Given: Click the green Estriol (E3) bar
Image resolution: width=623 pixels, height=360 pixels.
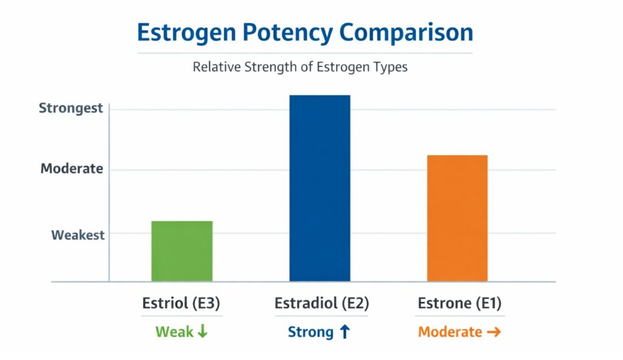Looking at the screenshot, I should (182, 251).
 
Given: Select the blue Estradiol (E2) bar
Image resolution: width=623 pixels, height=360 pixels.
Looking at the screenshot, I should (319, 189).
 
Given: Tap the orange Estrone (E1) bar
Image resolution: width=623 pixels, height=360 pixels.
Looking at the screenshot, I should (457, 218).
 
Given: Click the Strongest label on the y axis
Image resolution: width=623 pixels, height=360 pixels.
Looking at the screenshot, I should (71, 109).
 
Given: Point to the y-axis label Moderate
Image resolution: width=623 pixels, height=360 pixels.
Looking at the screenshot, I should (72, 169).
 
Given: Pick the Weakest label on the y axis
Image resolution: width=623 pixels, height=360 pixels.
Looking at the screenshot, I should (78, 235).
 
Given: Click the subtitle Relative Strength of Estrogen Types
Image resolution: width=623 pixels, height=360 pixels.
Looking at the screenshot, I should (300, 67).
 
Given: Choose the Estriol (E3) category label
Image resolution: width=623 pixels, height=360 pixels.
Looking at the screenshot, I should (182, 303).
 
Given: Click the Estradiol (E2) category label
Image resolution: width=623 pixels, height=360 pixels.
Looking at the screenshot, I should (321, 303).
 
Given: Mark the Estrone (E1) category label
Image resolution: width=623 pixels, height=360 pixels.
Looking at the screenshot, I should (459, 303).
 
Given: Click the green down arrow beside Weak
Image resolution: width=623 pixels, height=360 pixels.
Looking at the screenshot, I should (203, 332).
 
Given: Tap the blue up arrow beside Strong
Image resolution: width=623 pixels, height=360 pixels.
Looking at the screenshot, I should (344, 332).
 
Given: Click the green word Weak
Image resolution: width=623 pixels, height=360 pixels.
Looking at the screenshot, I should (174, 332).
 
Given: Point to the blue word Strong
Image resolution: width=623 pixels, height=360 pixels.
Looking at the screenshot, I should (310, 333).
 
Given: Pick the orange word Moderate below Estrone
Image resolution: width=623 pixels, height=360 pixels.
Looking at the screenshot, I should (450, 333).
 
